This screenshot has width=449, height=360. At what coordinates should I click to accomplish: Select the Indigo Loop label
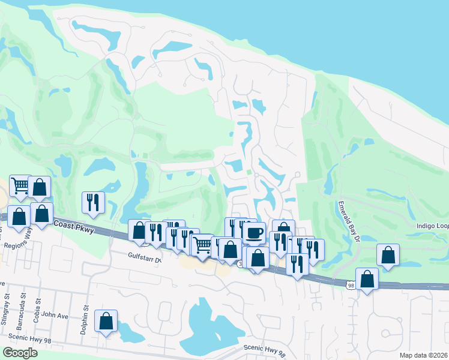click(432, 226)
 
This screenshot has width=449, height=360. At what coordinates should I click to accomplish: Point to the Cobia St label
click(38, 305)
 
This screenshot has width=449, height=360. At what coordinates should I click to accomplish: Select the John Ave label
click(57, 314)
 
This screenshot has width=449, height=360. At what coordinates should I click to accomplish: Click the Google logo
click(19, 353)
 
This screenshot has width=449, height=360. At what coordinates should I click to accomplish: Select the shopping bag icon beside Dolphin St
click(106, 322)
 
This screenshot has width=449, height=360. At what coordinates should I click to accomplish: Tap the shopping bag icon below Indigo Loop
click(388, 254)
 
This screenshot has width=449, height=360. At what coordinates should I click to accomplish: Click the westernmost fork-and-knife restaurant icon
click(92, 202)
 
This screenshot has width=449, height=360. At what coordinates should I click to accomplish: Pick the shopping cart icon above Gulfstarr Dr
click(203, 245)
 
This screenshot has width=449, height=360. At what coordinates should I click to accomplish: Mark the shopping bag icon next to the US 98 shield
click(367, 278)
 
